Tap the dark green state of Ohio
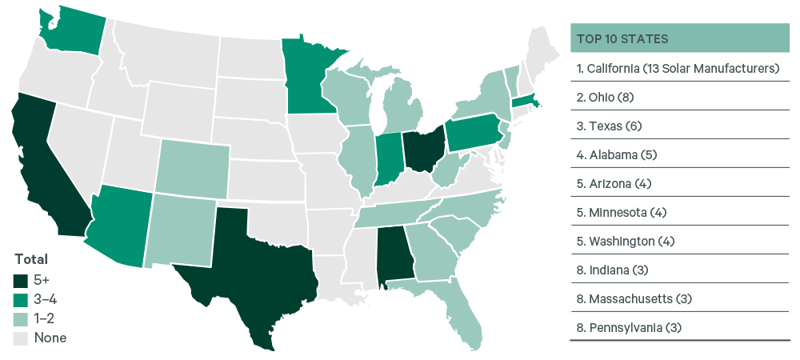[422, 148]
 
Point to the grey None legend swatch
[22, 338]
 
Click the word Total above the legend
[31, 259]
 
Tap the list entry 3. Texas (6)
[610, 126]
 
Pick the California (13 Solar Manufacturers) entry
[677, 68]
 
